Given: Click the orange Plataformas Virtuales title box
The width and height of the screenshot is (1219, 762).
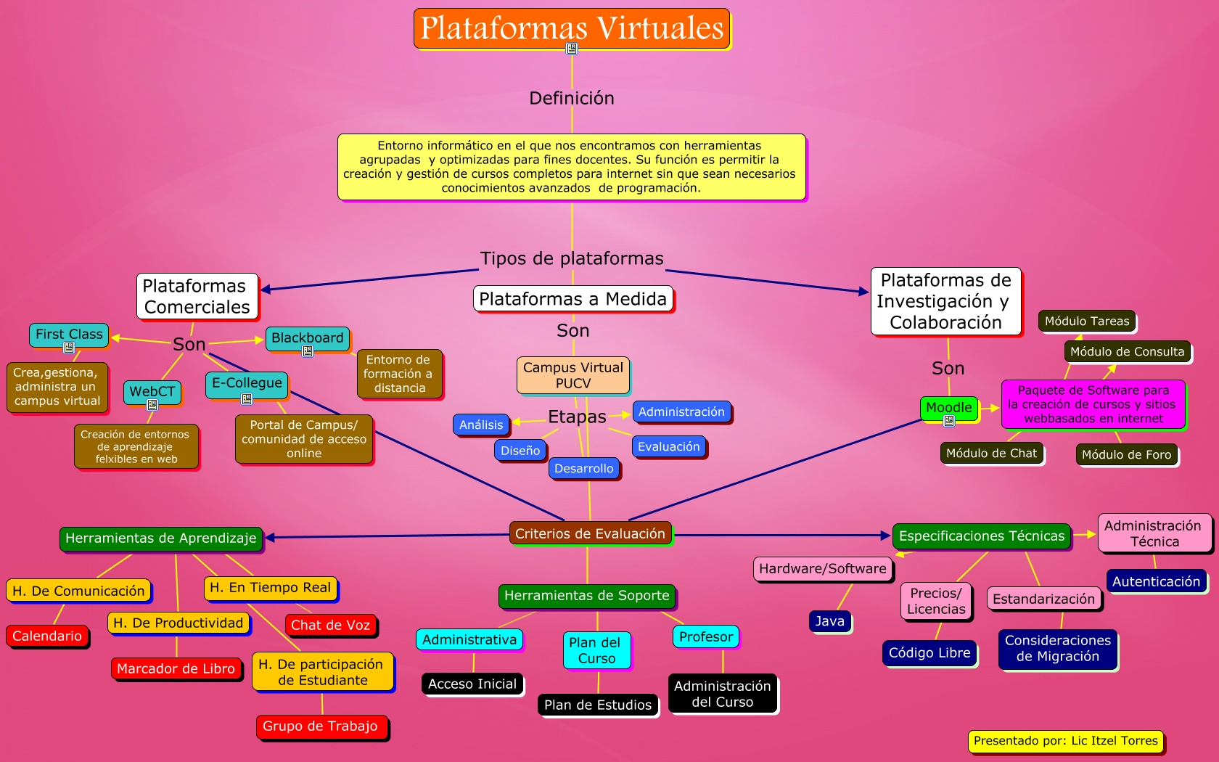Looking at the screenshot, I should [571, 28].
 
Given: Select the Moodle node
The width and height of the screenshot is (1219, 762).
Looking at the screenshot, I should [949, 407].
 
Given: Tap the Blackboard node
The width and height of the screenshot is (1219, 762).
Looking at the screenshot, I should [308, 337].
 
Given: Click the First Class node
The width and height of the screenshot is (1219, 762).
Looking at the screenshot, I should [69, 334].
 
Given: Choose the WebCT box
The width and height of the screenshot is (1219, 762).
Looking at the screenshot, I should [152, 391].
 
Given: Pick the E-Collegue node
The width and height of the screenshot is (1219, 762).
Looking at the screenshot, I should [247, 382].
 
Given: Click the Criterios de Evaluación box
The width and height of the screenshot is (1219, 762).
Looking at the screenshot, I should [590, 533].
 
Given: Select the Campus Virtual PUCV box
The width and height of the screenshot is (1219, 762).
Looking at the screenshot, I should [573, 375].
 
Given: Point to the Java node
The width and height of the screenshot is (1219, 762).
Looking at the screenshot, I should [829, 621].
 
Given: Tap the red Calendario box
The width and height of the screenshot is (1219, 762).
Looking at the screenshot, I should [47, 636].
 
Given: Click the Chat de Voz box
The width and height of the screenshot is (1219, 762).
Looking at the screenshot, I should [330, 625].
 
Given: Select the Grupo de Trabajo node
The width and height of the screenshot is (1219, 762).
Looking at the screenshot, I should [320, 726].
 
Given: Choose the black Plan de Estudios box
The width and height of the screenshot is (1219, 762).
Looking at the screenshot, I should [598, 705].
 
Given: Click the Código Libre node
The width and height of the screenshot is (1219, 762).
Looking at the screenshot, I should [929, 652].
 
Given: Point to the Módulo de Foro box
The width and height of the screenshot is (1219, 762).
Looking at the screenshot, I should [1126, 454].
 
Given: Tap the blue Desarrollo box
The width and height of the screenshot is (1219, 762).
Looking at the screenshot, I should [584, 468].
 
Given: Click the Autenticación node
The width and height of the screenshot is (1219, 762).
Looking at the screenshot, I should [1156, 581].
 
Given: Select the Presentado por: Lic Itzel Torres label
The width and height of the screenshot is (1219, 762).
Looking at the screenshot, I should [1065, 741].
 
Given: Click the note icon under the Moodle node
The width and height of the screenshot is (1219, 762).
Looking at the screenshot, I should [949, 421].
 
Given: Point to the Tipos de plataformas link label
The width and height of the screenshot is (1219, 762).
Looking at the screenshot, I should [572, 258].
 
